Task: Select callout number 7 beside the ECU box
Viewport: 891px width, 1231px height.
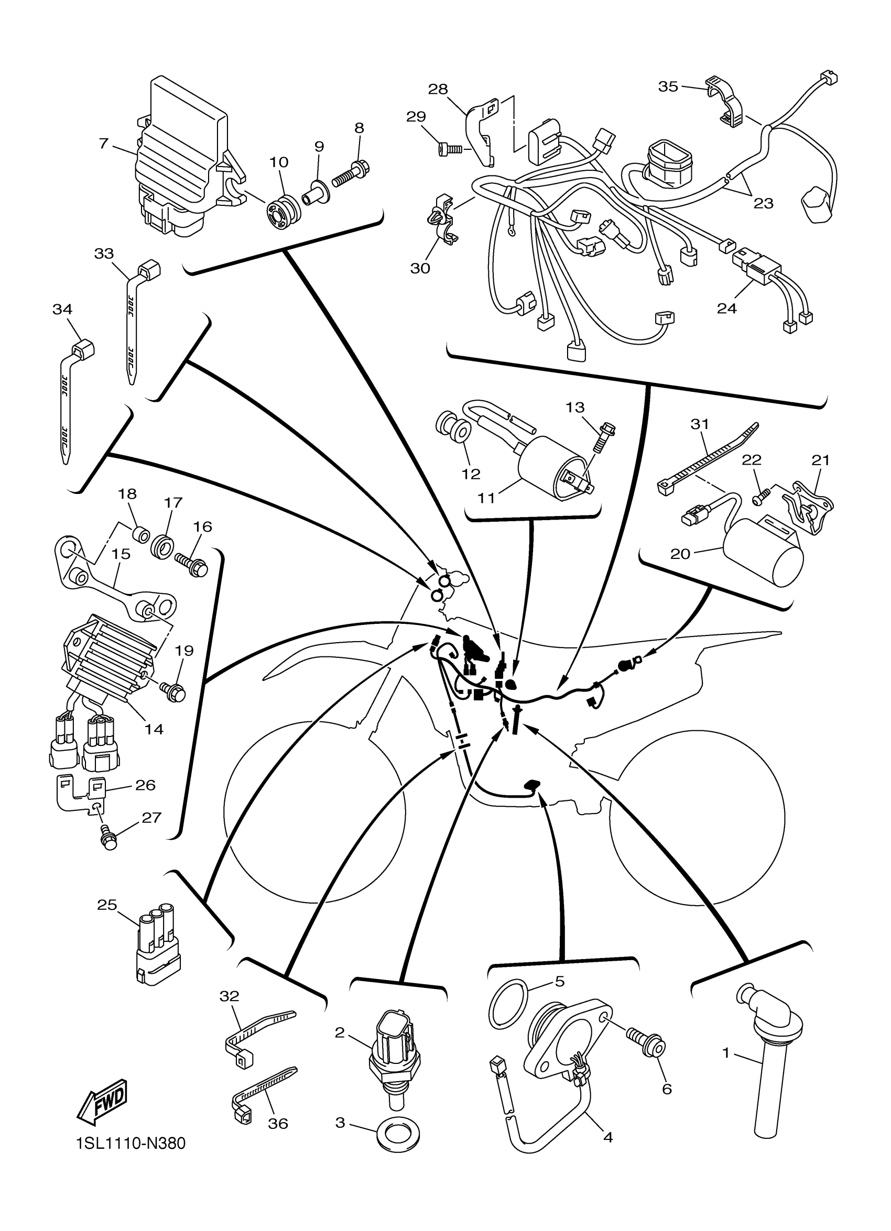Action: tap(104, 144)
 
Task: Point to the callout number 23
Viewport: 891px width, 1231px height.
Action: tap(763, 203)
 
